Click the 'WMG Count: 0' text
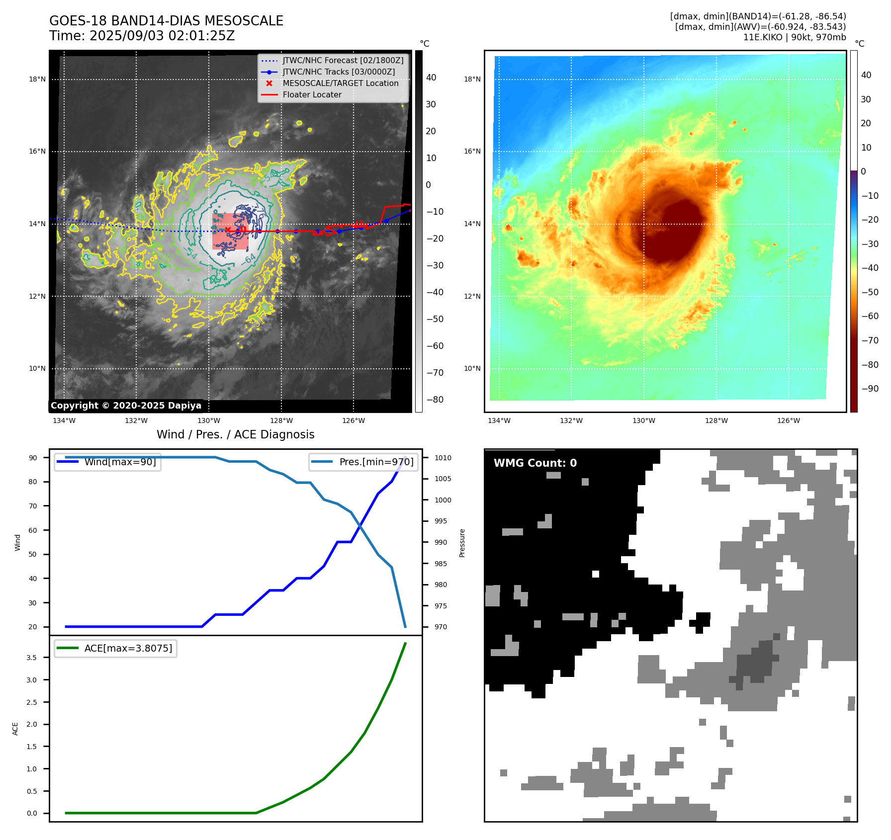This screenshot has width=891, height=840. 535,463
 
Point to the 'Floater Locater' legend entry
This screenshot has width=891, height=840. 312,95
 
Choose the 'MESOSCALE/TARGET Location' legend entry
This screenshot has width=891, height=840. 341,84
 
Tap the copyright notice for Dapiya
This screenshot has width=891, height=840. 126,406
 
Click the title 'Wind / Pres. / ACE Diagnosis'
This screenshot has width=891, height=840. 235,434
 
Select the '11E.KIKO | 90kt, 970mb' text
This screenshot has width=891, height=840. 794,37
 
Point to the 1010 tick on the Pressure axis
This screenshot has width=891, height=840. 443,458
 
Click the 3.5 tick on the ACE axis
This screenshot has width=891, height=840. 32,658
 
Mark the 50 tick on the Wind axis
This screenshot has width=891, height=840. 33,554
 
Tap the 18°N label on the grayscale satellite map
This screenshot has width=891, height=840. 37,79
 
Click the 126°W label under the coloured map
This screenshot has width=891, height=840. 789,420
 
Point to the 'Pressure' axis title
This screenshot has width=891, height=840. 462,543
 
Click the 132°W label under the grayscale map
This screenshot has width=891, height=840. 136,420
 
